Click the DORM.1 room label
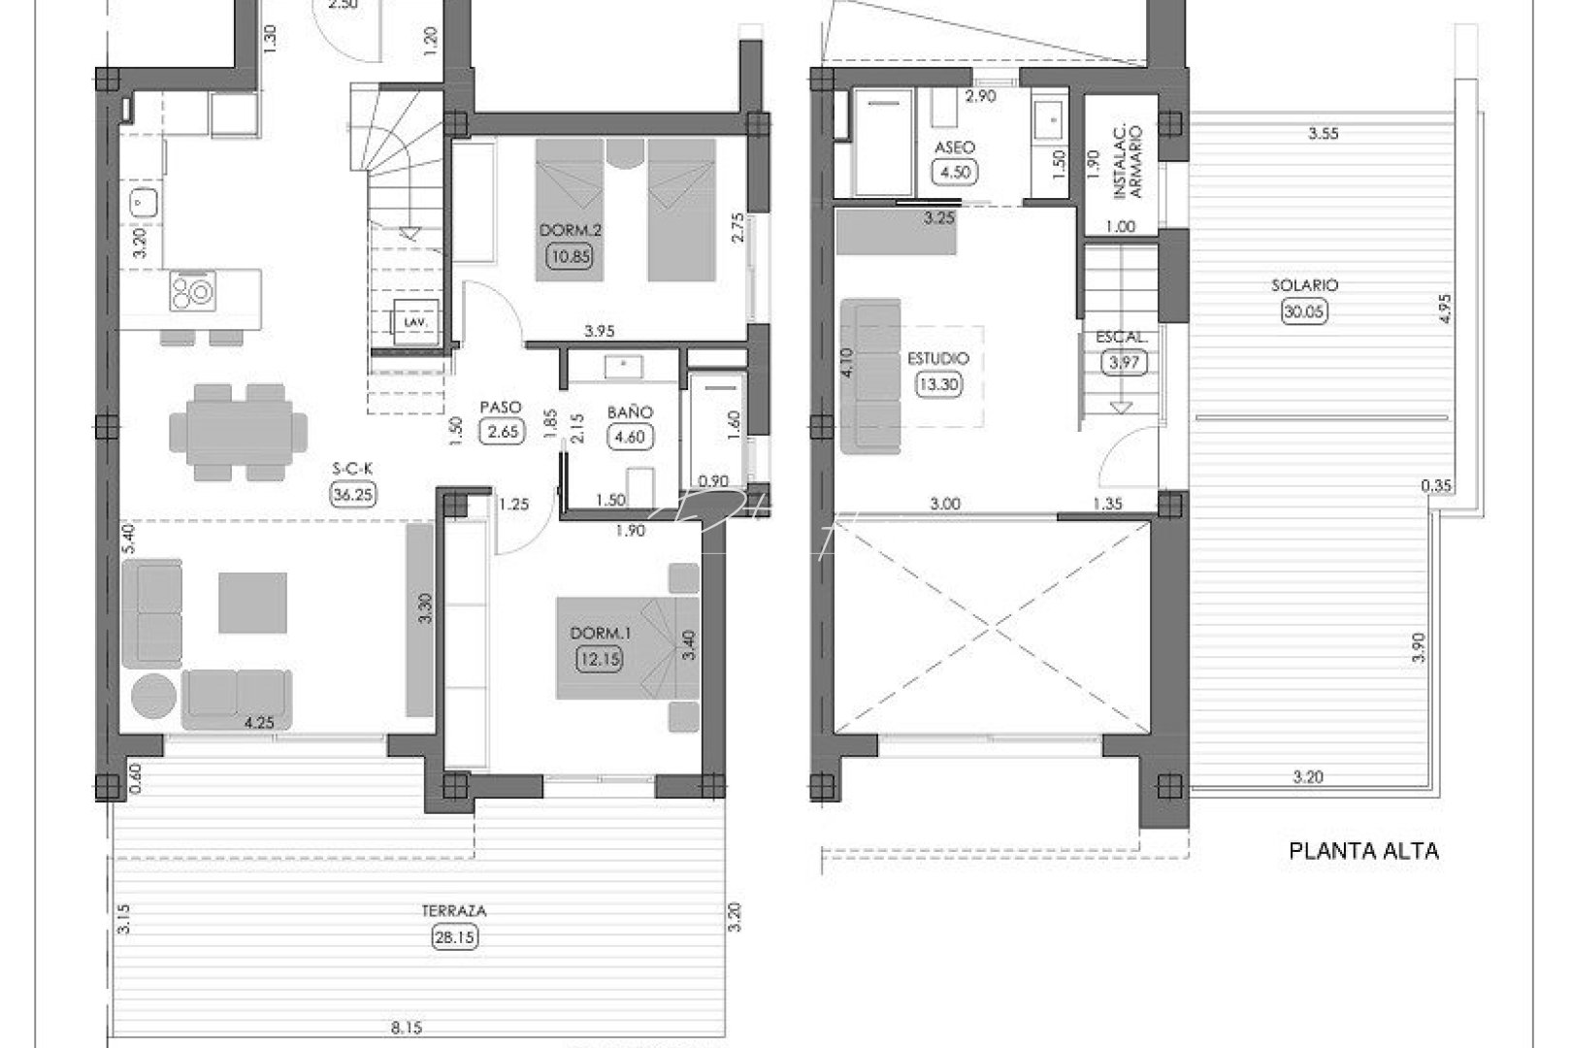[x=601, y=633]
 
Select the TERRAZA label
[x=453, y=911]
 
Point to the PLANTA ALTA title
[x=1362, y=851]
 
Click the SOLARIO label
[x=1304, y=285]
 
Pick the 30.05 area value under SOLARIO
[x=1304, y=311]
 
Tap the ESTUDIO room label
[x=938, y=358]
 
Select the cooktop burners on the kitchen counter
[x=193, y=291]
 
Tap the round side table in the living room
[x=153, y=697]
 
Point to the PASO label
[x=501, y=408]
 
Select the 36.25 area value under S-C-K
[x=353, y=493]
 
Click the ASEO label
[x=954, y=148]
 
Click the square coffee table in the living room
[x=252, y=602]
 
